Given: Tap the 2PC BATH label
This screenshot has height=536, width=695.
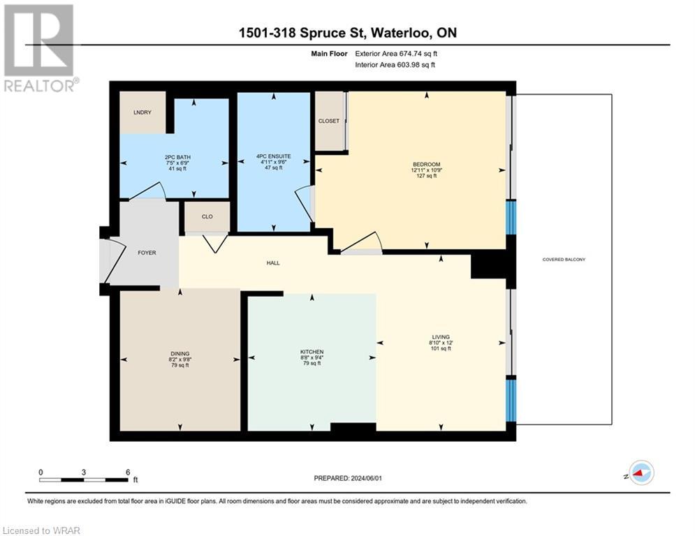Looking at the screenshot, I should [x=175, y=157].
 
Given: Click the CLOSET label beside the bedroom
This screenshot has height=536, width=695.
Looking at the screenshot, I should [x=329, y=121].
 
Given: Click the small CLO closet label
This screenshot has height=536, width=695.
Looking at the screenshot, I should [x=207, y=216].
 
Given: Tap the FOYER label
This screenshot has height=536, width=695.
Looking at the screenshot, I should [x=147, y=253].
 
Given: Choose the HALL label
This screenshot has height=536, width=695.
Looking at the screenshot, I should [x=272, y=263].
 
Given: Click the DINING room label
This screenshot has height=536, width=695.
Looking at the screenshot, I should [x=180, y=354].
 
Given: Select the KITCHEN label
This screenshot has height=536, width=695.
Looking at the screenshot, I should [x=312, y=352].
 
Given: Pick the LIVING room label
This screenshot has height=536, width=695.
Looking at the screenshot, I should [x=440, y=337].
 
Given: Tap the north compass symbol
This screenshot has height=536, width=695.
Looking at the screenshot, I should [x=641, y=472].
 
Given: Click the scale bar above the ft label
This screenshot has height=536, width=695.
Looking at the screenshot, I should [x=84, y=480].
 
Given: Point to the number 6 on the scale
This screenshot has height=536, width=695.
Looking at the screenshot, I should [x=127, y=472].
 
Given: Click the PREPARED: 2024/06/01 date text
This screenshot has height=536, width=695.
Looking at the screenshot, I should [x=347, y=478].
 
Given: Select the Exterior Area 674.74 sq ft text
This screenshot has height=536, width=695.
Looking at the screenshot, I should [x=395, y=53].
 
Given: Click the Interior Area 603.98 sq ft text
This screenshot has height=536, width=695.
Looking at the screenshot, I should [x=395, y=65].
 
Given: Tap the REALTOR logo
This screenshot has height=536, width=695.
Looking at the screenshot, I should [x=39, y=47].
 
